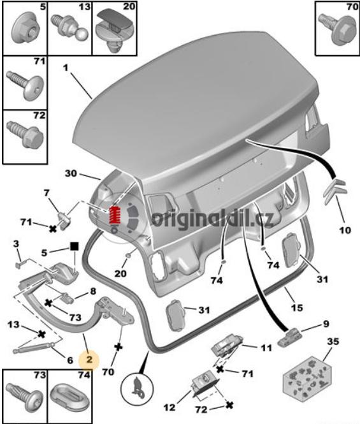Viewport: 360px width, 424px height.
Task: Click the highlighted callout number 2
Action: click(x=89, y=360)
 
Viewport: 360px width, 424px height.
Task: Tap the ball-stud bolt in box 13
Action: click(x=73, y=27)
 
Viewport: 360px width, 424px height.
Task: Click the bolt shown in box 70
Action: click(x=338, y=28)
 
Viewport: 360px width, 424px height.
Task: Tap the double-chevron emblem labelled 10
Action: click(x=335, y=191)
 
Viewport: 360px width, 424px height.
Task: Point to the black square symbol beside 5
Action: click(x=75, y=246)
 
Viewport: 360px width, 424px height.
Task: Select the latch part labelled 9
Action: click(x=289, y=336)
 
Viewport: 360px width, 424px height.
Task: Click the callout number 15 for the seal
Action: click(x=297, y=307)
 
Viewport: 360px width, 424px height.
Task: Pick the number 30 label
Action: click(x=71, y=173)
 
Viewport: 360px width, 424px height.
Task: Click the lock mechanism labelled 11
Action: click(x=227, y=346)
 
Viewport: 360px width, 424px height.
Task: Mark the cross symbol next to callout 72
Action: click(x=229, y=405)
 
